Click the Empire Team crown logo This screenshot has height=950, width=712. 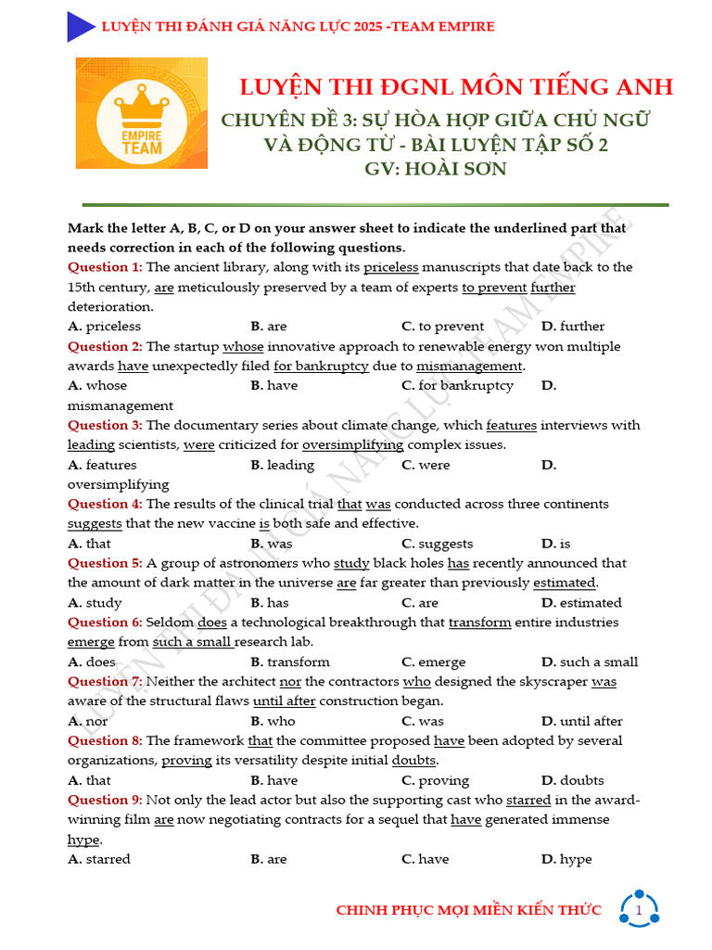[x=142, y=112]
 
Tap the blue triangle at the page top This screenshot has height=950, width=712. [x=80, y=27]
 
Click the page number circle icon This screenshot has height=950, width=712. [x=639, y=910]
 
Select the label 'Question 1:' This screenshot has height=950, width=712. [x=105, y=267]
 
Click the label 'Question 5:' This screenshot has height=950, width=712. [x=105, y=563]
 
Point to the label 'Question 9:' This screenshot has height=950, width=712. [x=105, y=800]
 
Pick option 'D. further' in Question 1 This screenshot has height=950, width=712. [x=573, y=327]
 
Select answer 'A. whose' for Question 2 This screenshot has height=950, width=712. [x=97, y=386]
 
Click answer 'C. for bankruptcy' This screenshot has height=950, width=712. [x=457, y=386]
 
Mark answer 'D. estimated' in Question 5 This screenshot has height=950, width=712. [x=581, y=603]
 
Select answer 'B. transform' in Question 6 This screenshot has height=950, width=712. [x=290, y=662]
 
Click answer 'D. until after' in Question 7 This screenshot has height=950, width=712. [x=582, y=721]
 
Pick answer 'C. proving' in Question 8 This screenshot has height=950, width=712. [x=435, y=780]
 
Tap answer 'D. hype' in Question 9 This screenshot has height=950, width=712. [x=566, y=859]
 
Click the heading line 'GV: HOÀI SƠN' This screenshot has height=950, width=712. [x=436, y=170]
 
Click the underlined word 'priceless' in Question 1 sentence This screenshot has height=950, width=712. [x=391, y=267]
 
